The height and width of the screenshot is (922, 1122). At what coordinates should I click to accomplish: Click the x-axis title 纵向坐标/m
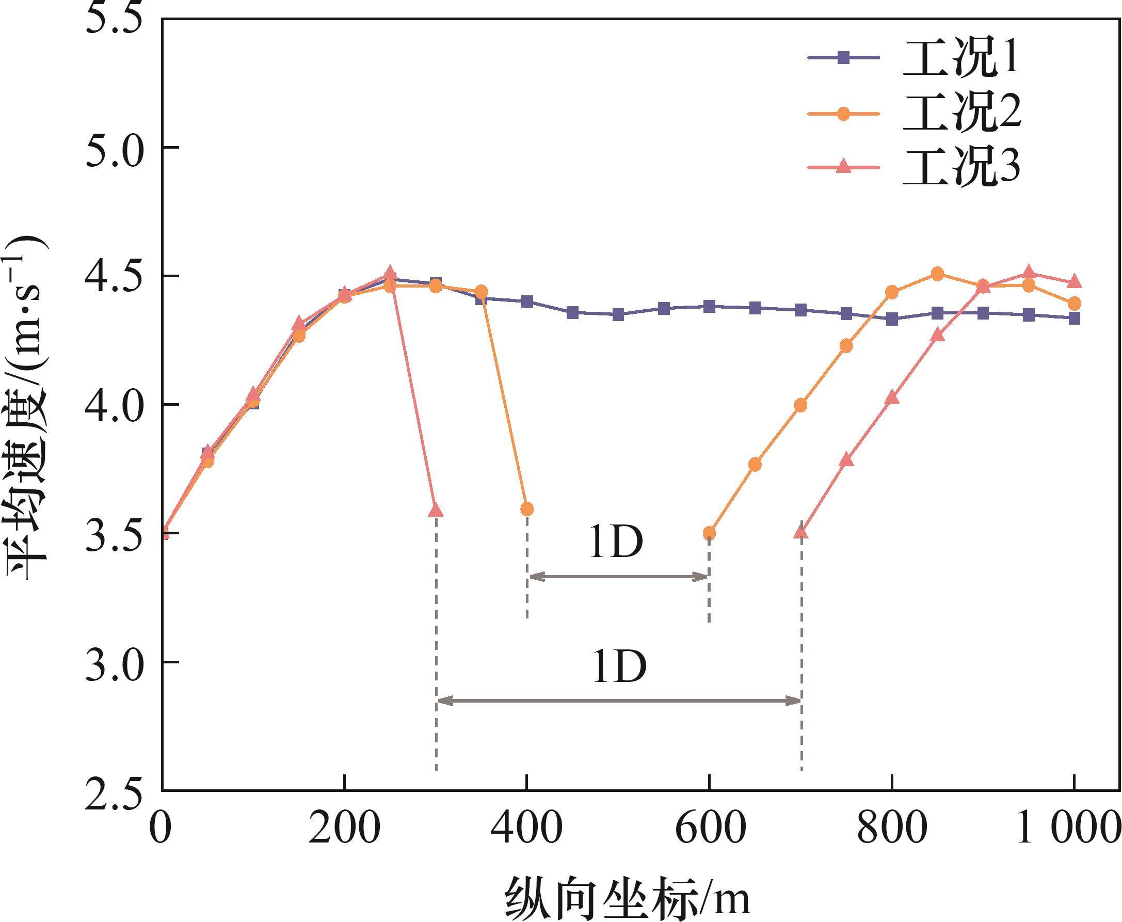pyautogui.click(x=627, y=897)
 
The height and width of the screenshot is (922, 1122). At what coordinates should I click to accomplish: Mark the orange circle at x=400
pyautogui.click(x=527, y=509)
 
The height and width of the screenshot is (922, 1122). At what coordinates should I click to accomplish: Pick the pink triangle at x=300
pyautogui.click(x=436, y=511)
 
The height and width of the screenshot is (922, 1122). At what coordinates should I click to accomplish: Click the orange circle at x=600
pyautogui.click(x=710, y=533)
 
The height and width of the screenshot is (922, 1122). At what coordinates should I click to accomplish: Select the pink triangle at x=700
pyautogui.click(x=801, y=532)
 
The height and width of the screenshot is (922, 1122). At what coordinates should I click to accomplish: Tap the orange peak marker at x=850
pyautogui.click(x=938, y=274)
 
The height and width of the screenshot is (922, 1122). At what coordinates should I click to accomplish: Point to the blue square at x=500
pyautogui.click(x=618, y=314)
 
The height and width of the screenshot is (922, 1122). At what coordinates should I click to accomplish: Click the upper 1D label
pyautogui.click(x=616, y=543)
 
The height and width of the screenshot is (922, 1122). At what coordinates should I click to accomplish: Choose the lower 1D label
pyautogui.click(x=619, y=667)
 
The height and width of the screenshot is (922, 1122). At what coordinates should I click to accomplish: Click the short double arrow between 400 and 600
pyautogui.click(x=618, y=577)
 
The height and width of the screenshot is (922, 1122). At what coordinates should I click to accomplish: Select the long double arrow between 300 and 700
pyautogui.click(x=619, y=702)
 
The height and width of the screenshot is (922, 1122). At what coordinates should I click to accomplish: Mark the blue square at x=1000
pyautogui.click(x=1074, y=318)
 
